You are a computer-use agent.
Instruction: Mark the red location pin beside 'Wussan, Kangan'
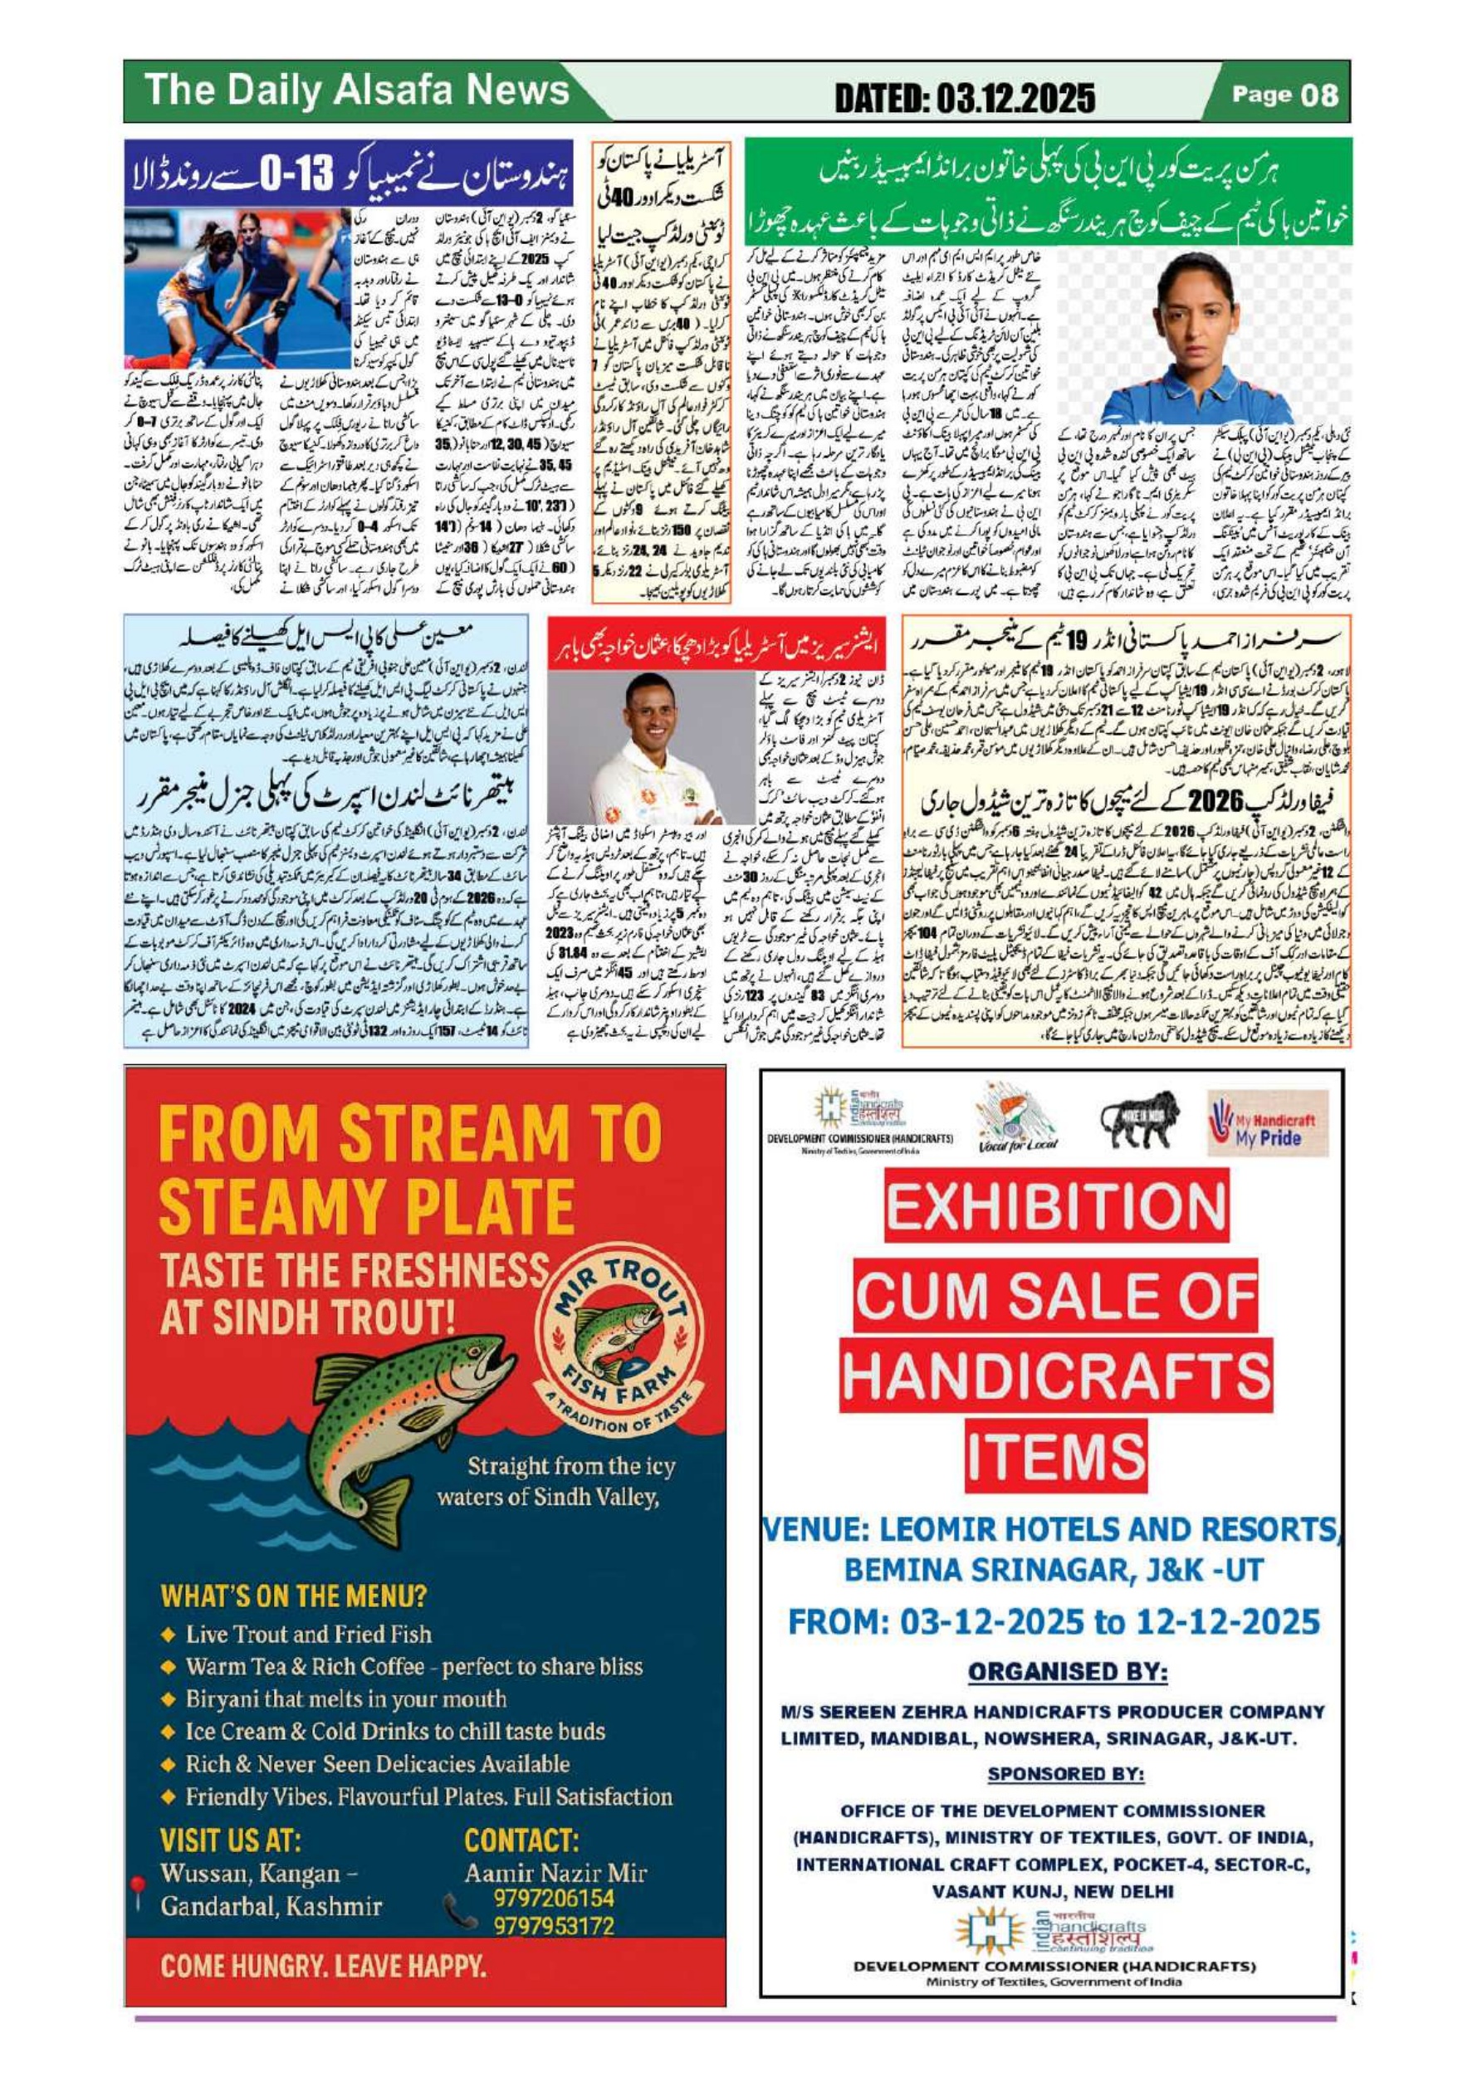(138, 1884)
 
